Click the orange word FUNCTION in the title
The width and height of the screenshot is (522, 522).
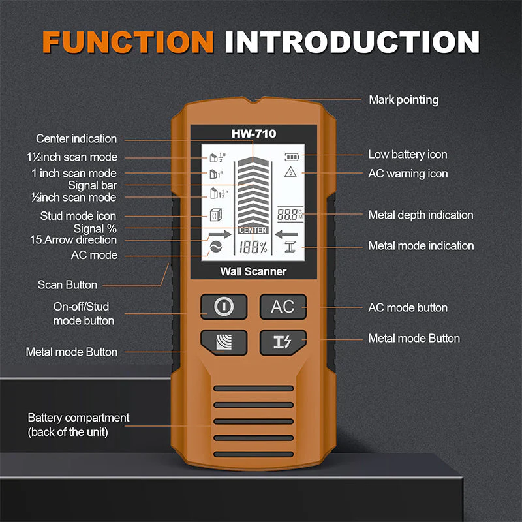tap(128, 41)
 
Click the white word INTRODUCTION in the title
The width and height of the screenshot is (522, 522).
tap(352, 41)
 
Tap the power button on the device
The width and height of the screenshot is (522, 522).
tap(223, 307)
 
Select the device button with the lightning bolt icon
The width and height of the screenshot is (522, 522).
tap(283, 343)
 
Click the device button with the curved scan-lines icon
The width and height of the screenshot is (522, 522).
tap(223, 343)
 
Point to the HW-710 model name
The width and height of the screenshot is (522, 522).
tap(253, 134)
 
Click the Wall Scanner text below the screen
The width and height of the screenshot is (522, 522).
tap(253, 271)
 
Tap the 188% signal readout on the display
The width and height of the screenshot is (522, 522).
tap(253, 247)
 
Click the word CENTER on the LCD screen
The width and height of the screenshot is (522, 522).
tap(253, 230)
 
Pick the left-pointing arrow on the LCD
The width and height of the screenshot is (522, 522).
tap(286, 234)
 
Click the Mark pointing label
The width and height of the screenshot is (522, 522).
tap(403, 100)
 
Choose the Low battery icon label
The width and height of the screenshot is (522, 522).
tap(408, 155)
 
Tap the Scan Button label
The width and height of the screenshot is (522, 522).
tap(67, 284)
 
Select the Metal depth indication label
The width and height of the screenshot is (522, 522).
tap(421, 215)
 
